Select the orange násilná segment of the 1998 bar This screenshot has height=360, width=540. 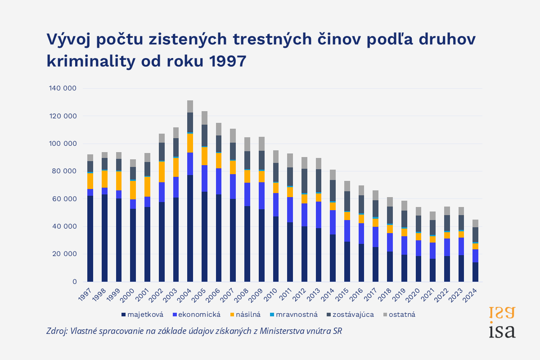point(104,179)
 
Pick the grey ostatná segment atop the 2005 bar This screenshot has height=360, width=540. point(204,118)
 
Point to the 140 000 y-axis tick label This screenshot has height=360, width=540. point(63,89)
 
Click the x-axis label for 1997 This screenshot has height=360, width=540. point(85,294)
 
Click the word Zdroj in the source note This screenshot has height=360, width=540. point(56,331)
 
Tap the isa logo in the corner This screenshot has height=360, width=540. point(502,323)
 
